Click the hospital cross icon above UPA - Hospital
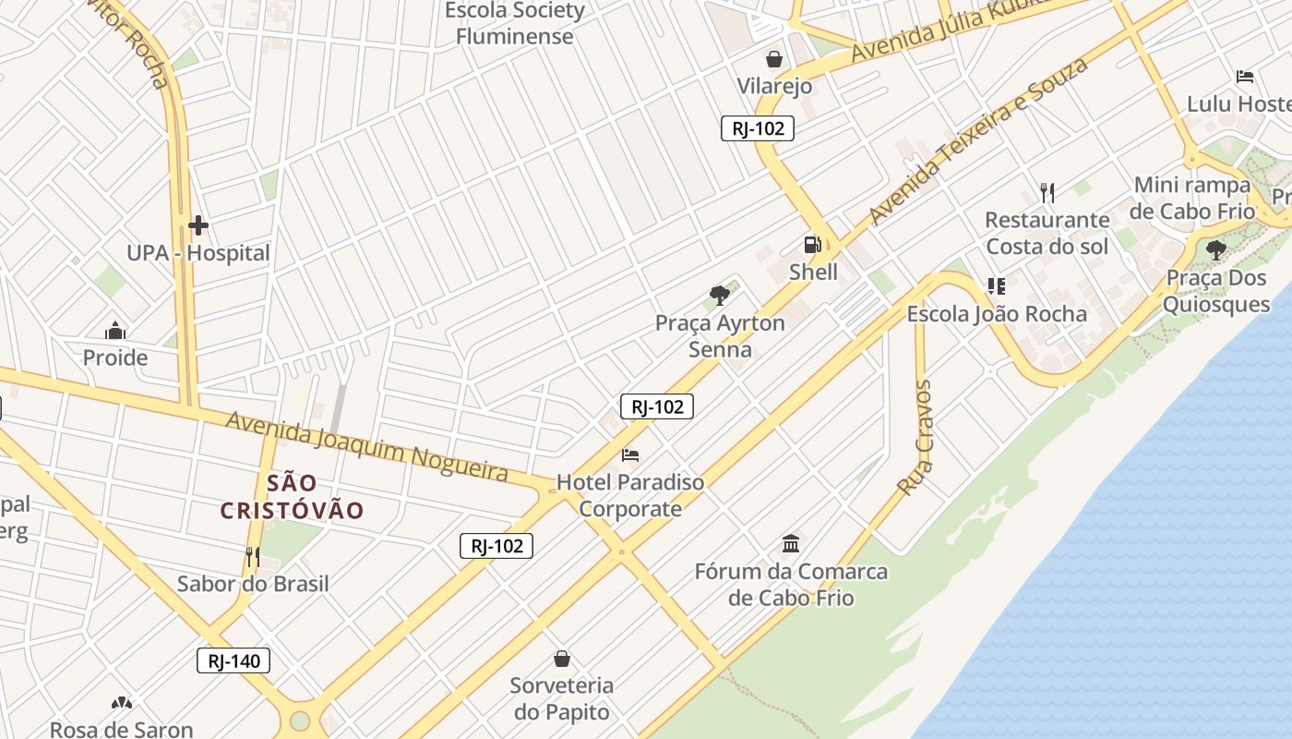[197, 225]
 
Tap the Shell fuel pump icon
[812, 245]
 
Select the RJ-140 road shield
[233, 660]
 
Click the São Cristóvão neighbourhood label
[292, 496]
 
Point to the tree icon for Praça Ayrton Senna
[720, 296]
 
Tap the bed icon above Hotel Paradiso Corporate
[630, 454]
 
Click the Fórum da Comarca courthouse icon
[791, 543]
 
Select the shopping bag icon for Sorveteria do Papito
[561, 659]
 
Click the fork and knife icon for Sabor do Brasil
[252, 556]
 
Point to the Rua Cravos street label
[915, 437]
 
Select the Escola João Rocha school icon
[996, 286]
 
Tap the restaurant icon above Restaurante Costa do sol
[1047, 192]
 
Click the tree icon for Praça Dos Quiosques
[1215, 249]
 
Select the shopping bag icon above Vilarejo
[774, 59]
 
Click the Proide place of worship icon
[115, 330]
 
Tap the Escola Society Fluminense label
[514, 24]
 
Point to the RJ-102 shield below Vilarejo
[757, 128]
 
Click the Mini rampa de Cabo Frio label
[1193, 198]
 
